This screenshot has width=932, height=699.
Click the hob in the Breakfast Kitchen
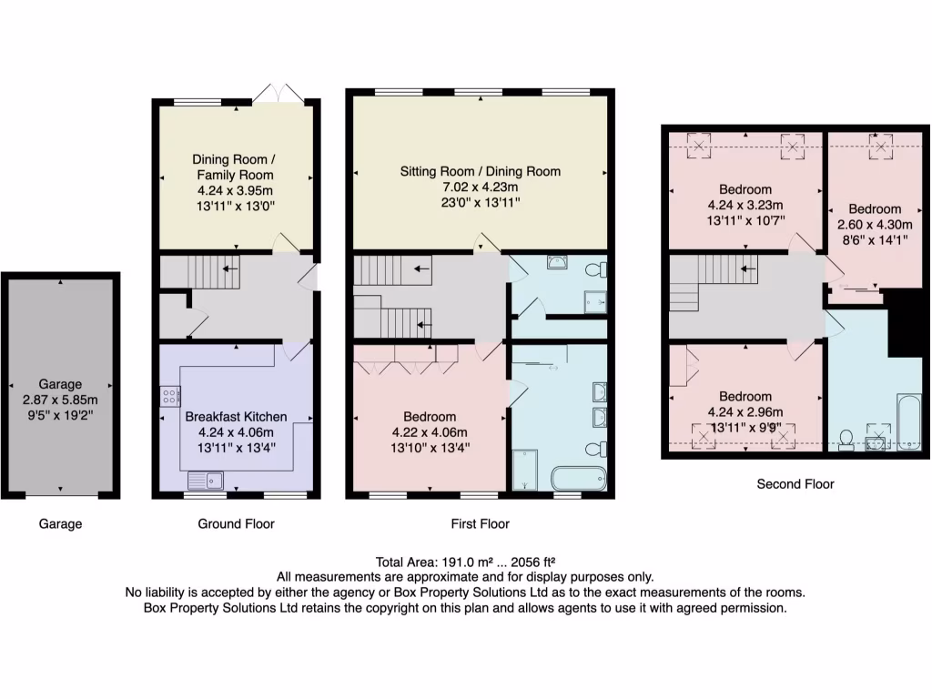coord(169,396)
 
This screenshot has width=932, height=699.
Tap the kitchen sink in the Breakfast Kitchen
coord(207,479)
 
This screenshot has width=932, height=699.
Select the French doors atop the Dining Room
coord(279,93)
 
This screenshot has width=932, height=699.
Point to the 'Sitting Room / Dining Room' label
coord(481,171)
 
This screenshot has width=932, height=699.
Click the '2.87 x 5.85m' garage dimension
coord(60,400)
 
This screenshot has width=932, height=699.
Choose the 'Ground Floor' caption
coord(236,523)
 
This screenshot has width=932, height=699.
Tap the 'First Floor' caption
coord(480,523)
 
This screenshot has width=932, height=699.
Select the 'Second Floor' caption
coord(795,484)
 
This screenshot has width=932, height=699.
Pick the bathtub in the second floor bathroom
coord(908,421)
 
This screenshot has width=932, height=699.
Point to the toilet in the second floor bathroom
coord(846,441)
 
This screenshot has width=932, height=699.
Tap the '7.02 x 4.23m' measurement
coord(481,187)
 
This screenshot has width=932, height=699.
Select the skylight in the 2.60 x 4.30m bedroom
coord(879,146)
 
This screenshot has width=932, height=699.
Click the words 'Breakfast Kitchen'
coord(236,416)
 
